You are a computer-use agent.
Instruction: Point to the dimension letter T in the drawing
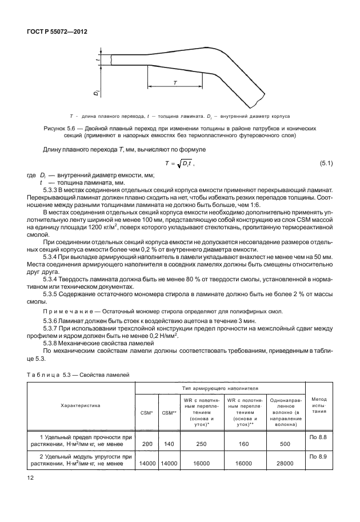click(x=175, y=82)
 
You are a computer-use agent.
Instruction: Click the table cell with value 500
click(x=284, y=444)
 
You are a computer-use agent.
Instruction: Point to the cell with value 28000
click(x=284, y=465)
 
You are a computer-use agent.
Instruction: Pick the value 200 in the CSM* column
click(x=146, y=444)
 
